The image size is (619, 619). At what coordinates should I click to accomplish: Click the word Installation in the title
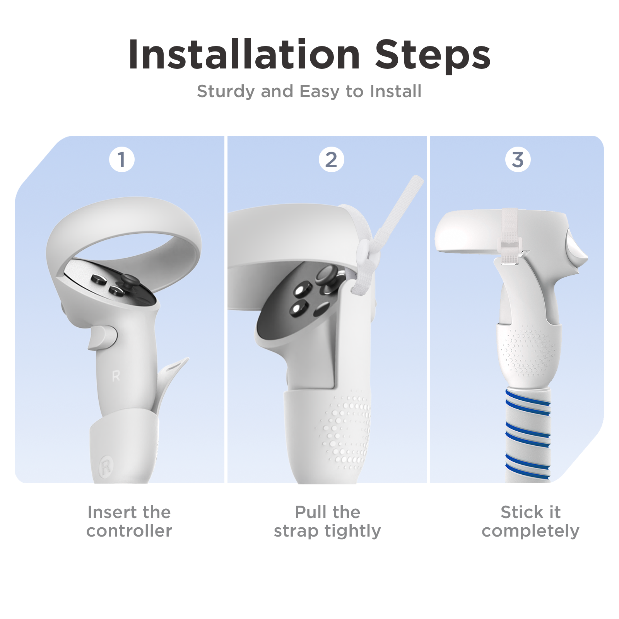pyautogui.click(x=244, y=55)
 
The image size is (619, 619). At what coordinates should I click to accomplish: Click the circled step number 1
pyautogui.click(x=122, y=159)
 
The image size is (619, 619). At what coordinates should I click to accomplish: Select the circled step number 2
pyautogui.click(x=331, y=159)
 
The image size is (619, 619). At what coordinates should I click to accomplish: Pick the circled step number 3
pyautogui.click(x=518, y=159)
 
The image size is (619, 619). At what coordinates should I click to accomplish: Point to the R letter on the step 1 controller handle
pyautogui.click(x=116, y=376)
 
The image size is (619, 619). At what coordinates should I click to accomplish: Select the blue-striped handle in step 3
pyautogui.click(x=528, y=433)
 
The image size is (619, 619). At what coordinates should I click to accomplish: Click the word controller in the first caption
pyautogui.click(x=129, y=531)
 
